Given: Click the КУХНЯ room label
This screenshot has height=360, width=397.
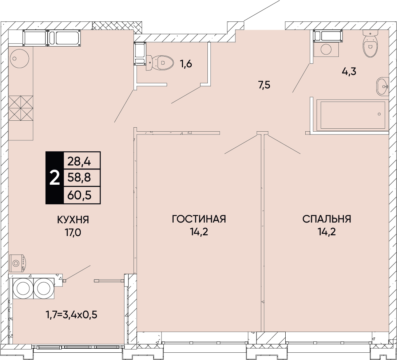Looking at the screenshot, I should (x=73, y=219).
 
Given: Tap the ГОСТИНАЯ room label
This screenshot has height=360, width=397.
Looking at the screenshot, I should (x=199, y=219).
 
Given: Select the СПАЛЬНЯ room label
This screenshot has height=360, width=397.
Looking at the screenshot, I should (x=326, y=219).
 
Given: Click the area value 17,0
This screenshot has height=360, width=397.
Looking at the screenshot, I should (x=73, y=232).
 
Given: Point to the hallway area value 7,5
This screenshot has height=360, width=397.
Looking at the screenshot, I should (x=264, y=85).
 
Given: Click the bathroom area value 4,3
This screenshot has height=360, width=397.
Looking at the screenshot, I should (x=349, y=71).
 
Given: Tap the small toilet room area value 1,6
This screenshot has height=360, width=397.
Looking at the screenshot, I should (x=186, y=64).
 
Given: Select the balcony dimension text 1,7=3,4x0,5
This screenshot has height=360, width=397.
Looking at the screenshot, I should (x=71, y=314).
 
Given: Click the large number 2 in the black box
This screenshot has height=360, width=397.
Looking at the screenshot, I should (x=54, y=178).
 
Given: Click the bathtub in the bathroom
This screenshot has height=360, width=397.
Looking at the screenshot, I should (x=352, y=115).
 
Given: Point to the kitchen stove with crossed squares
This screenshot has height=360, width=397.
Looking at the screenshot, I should (x=20, y=108).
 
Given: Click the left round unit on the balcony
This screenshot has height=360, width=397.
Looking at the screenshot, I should (x=23, y=288).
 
